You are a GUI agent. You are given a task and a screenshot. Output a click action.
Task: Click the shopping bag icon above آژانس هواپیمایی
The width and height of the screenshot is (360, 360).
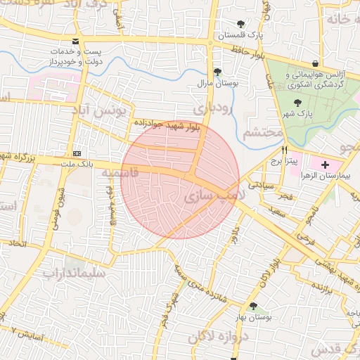pos(324,63)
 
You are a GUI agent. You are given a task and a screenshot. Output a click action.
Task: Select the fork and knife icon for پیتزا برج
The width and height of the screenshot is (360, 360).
pos(285,150)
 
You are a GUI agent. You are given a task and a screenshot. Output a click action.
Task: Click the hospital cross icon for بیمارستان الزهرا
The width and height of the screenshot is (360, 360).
pos(324,165)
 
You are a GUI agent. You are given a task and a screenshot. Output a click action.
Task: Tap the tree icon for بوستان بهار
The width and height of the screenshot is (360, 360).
pos(253,306)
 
